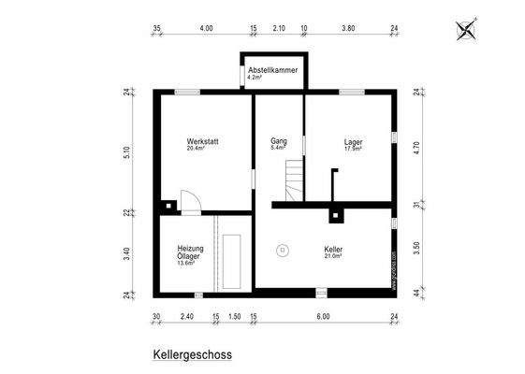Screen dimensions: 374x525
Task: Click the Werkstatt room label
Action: [x=202, y=144]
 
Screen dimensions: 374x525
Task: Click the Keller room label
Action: [x=333, y=252]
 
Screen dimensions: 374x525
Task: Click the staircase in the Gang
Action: [x=295, y=180]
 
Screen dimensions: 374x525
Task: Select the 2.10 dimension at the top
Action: [x=279, y=28]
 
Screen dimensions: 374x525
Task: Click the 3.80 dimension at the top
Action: [x=348, y=28]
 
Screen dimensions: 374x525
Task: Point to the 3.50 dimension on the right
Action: [x=417, y=249]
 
